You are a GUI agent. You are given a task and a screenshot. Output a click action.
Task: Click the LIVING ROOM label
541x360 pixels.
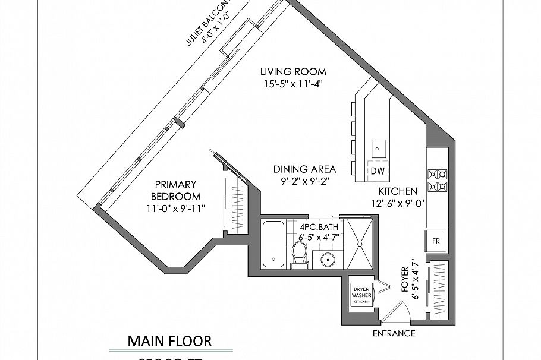pos(293,72)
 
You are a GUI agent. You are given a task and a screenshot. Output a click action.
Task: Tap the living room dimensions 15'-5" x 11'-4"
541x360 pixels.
pos(293,84)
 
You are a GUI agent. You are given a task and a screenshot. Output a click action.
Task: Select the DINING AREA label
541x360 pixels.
pos(305,169)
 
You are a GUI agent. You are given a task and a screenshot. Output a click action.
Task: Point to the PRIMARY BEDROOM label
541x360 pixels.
pos(175,190)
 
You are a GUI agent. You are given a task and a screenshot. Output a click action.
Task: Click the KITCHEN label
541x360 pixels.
pos(398,191)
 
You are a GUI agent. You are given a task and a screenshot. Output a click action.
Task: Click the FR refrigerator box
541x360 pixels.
pos(436,242)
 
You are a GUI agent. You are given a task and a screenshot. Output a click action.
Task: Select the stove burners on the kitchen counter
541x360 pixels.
pos(438,181)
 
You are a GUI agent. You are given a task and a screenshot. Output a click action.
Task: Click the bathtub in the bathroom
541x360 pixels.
pos(273,244)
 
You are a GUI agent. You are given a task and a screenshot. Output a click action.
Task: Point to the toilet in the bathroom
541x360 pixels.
pos(299,256)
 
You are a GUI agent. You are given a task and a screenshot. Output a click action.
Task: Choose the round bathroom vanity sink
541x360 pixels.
pos(326,259)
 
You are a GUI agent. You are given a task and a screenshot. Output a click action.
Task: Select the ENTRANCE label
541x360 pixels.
pos(394,333)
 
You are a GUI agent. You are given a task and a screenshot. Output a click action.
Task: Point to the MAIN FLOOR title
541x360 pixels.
pos(169,341)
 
